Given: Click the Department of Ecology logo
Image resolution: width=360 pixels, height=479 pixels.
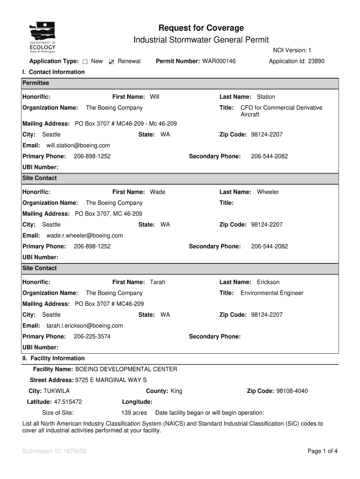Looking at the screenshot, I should pos(43,37).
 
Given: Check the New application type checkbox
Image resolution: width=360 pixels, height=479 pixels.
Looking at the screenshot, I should pos(85,62).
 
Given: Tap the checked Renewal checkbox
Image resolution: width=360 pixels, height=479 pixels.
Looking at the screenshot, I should pos(111,62).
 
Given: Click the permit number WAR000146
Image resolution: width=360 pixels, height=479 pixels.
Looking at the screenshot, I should pos(219,61).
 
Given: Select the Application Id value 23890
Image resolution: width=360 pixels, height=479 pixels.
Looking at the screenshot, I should pos(316,61).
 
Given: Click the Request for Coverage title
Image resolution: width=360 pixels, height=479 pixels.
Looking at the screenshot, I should pos(201,28).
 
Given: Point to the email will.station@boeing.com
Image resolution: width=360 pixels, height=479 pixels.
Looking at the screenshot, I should pos(78,145).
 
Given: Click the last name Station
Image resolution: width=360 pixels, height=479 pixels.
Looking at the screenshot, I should pos(266,97).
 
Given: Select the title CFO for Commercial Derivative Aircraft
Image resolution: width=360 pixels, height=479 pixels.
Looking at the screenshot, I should pos(281,111).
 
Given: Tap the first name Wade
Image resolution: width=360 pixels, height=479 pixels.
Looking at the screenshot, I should pos(158,192).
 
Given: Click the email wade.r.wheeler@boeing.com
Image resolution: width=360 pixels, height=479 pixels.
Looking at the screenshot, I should pos(85,235).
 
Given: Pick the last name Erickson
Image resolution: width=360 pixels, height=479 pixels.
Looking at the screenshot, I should pos(268,282).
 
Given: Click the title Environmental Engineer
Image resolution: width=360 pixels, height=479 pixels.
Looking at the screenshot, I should pos(272,293).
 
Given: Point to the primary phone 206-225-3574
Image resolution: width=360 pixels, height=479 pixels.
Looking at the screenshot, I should pos(92,336).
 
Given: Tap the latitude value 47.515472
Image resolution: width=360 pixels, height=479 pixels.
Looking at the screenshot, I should pos(68,402).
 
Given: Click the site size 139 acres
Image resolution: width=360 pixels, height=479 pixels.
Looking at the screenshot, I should pos(134,413).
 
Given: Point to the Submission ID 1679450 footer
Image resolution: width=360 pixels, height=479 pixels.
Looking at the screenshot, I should pos(54,451).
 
